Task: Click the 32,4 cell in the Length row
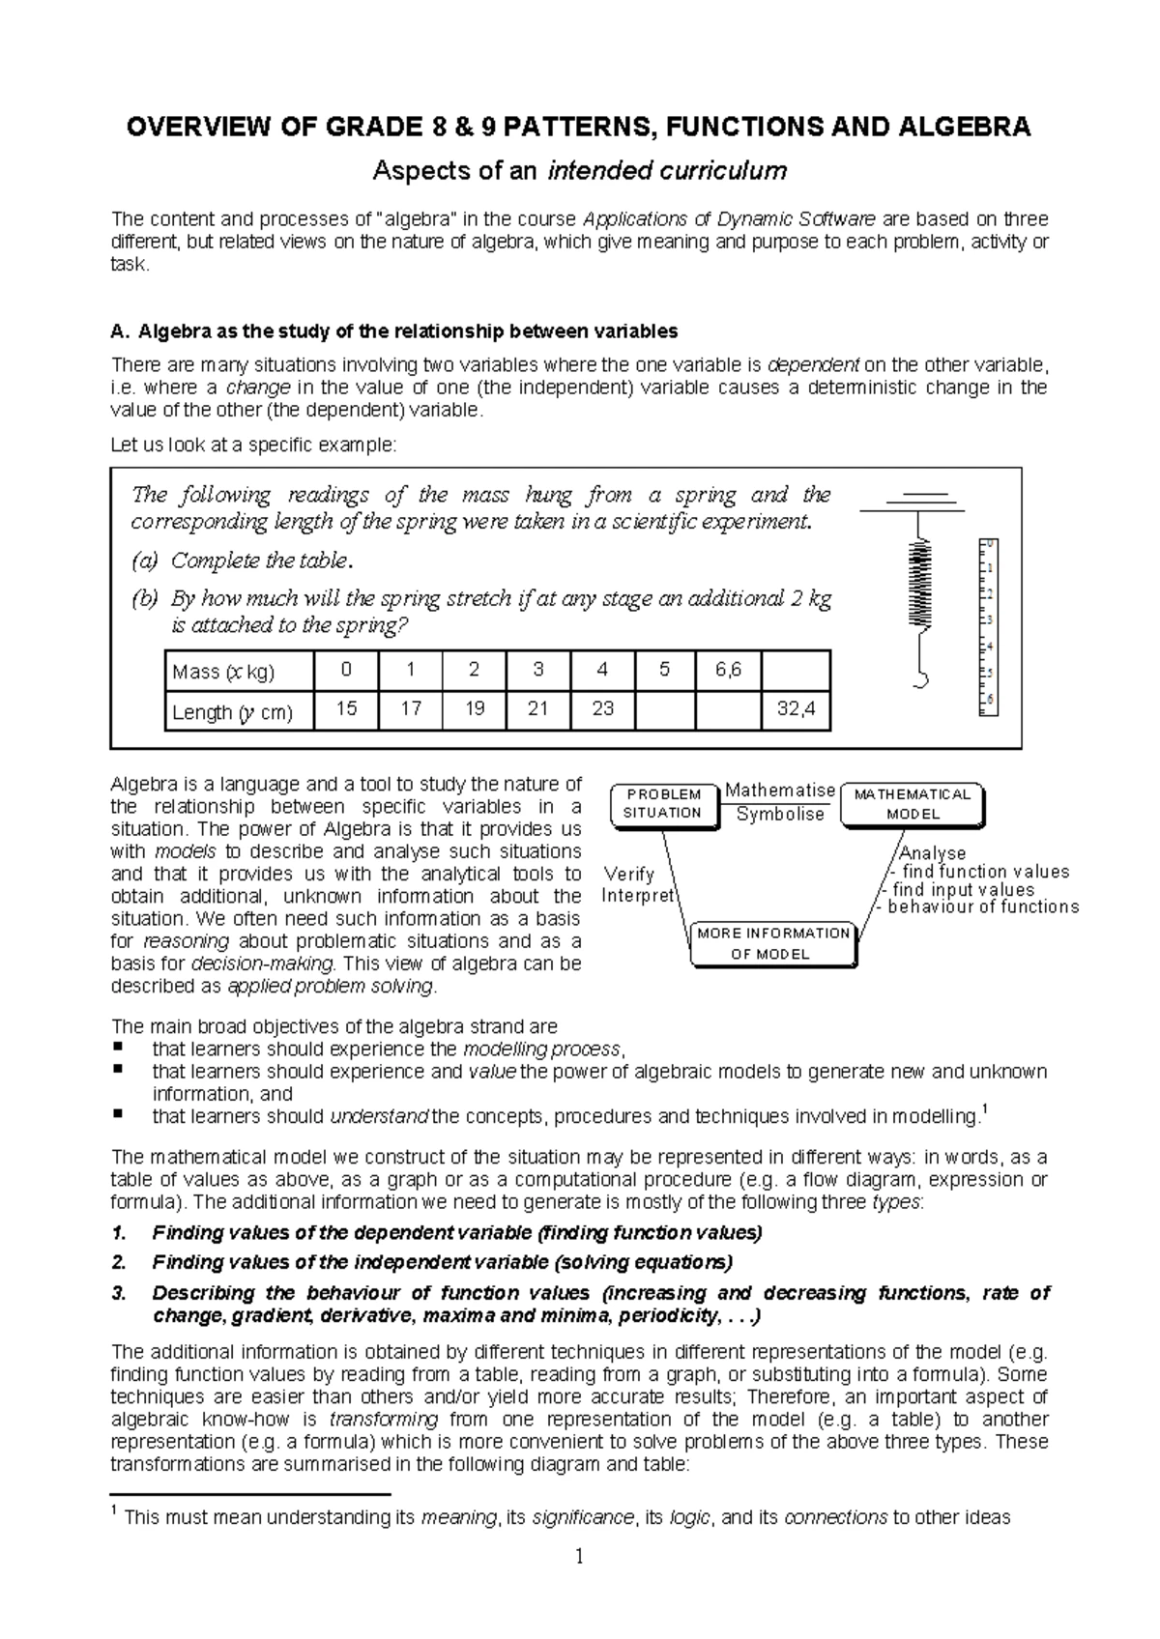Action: pyautogui.click(x=797, y=709)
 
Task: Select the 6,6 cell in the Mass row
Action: pyautogui.click(x=728, y=670)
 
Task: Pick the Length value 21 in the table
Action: pyautogui.click(x=537, y=709)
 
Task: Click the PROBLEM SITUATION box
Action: pyautogui.click(x=664, y=804)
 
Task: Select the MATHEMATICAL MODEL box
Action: pyautogui.click(x=913, y=804)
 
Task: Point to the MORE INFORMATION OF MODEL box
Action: pyautogui.click(x=772, y=943)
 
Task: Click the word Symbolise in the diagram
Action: pyautogui.click(x=780, y=814)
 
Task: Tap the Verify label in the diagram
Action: pyautogui.click(x=628, y=874)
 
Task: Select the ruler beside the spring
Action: pyautogui.click(x=987, y=625)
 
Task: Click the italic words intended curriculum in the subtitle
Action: pyautogui.click(x=667, y=172)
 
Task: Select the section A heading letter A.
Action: pyautogui.click(x=118, y=331)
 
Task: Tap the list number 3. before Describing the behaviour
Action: pyautogui.click(x=119, y=1293)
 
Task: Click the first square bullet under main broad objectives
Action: pyautogui.click(x=118, y=1048)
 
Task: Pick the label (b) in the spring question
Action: pyautogui.click(x=144, y=599)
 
